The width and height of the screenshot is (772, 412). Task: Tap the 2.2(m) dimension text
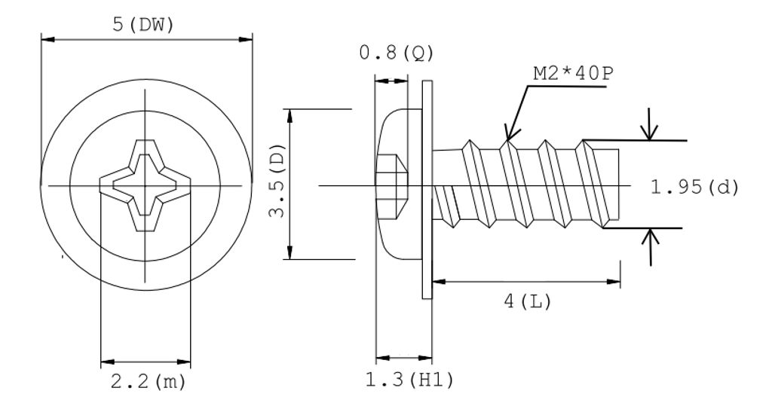(147, 382)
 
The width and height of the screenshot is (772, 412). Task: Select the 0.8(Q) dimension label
(397, 53)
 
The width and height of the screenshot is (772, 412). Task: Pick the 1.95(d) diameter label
(694, 186)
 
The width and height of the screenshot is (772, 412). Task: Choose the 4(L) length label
(528, 302)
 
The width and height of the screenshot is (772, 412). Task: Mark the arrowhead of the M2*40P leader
(510, 136)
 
